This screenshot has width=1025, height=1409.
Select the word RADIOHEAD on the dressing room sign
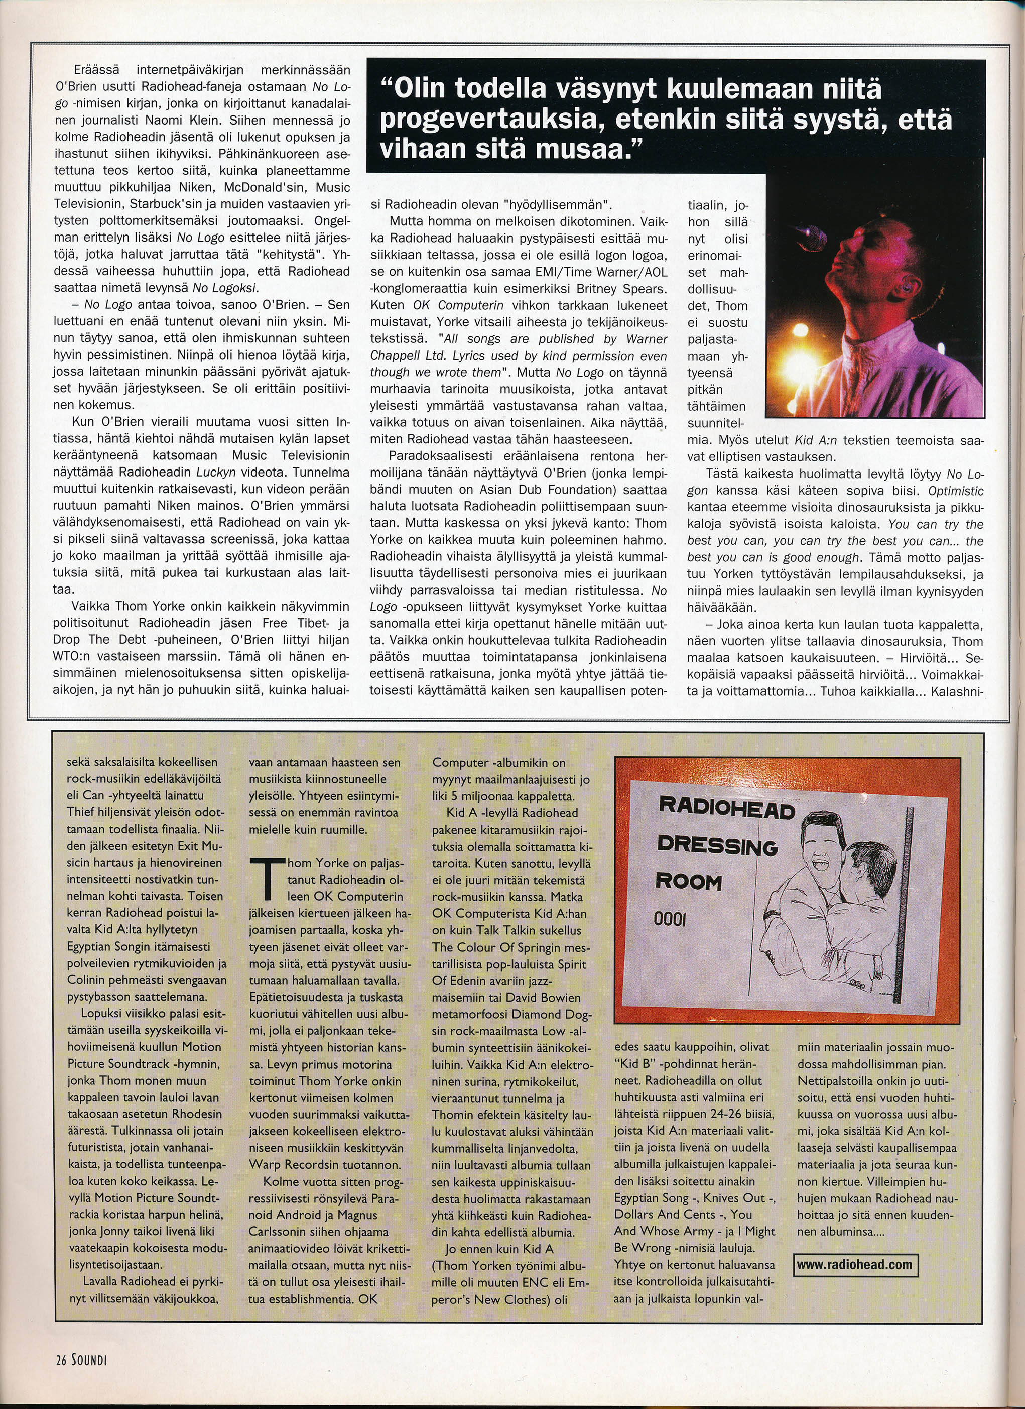(x=726, y=808)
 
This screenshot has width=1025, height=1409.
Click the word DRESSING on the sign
(x=717, y=845)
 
